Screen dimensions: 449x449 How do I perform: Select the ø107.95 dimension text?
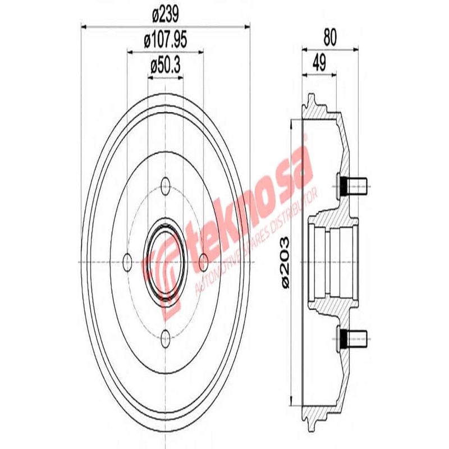(166, 40)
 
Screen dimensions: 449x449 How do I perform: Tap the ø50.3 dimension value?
(166, 66)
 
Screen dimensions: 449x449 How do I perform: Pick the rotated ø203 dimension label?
(284, 263)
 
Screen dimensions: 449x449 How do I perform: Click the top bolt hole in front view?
(166, 186)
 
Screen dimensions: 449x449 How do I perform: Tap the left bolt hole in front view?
(127, 261)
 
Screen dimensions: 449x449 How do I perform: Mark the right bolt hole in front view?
(204, 261)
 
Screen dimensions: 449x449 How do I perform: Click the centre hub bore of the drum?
(166, 261)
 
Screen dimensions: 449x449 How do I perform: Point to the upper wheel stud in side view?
(353, 182)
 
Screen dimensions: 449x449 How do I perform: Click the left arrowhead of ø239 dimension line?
(84, 25)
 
